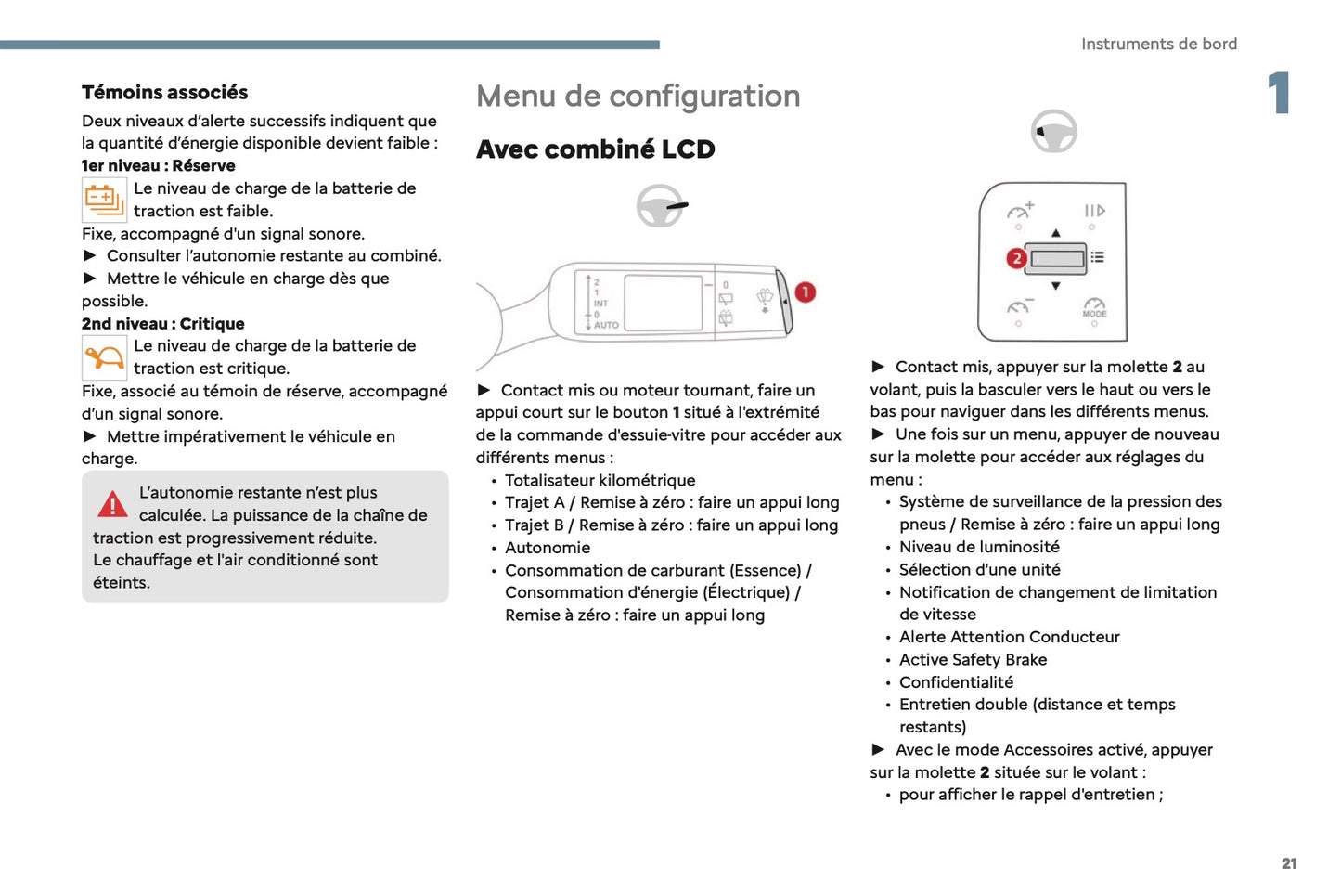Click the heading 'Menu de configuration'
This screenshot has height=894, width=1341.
coord(638,97)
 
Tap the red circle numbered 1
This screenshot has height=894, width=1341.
coord(805,292)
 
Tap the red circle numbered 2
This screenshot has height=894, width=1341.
coord(1016,258)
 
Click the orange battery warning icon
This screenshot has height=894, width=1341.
coord(104,200)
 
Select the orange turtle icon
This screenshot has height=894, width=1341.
coord(104,357)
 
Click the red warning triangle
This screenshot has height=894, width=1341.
coord(112,504)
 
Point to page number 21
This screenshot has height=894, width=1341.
coord(1288,863)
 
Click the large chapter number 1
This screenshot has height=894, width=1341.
coord(1279,93)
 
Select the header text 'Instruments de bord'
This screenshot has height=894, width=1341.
coord(1158,44)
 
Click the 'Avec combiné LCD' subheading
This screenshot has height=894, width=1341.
coord(595,149)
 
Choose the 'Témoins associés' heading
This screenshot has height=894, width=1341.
coord(164,93)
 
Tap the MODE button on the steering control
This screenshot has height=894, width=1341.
coord(1094,309)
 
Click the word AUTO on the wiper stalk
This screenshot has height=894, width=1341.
coord(606,325)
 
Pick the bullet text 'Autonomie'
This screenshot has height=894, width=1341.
coord(548,548)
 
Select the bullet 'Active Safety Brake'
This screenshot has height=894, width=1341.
coord(973,660)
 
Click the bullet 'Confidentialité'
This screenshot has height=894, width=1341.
coord(956,682)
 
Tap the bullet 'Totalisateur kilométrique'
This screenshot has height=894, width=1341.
coord(600,480)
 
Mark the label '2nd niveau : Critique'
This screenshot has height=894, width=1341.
coord(163,324)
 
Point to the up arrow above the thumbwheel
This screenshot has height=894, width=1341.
coord(1055,233)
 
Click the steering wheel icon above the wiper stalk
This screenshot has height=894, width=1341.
coord(660,206)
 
